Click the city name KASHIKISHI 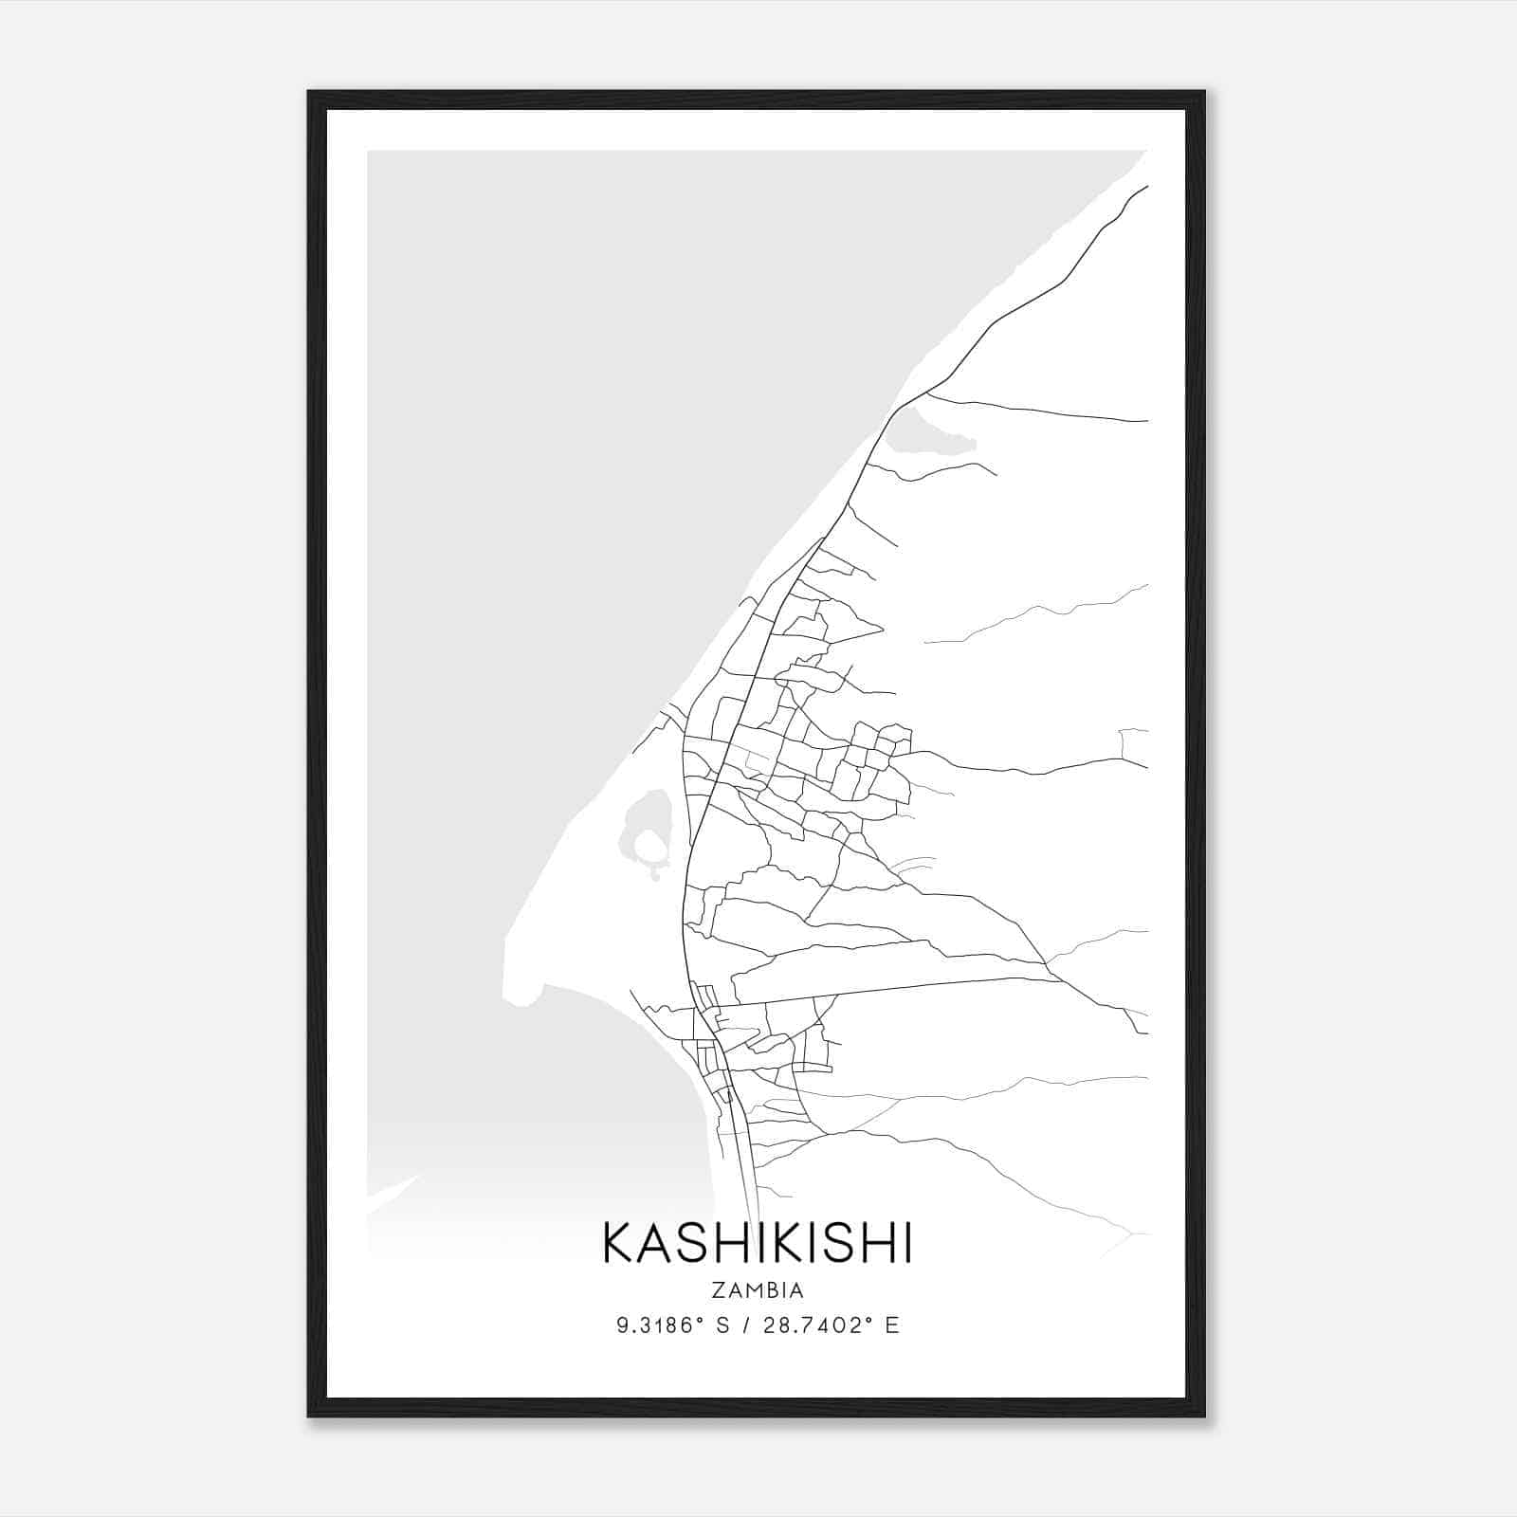(x=757, y=1243)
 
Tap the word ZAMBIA (x=757, y=1290)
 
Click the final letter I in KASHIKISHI (x=906, y=1243)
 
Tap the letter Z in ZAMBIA (x=715, y=1290)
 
